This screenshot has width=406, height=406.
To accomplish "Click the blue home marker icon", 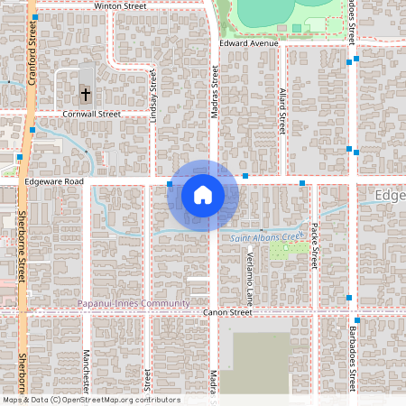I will [x=203, y=194].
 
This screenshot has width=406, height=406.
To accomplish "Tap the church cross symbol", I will [x=86, y=93].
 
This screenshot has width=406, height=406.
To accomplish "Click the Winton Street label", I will [x=120, y=5].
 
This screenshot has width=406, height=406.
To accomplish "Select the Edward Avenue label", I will [x=249, y=42].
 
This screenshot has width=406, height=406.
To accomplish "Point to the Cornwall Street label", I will [x=92, y=115].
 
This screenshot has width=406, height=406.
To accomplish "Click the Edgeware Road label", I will [x=54, y=181].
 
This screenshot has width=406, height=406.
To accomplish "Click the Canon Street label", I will [x=227, y=312].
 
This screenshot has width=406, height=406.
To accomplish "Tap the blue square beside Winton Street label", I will [x=34, y=17].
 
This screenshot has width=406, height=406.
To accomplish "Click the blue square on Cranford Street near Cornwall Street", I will [x=32, y=130].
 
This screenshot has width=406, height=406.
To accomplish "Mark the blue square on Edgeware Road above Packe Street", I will [x=302, y=183].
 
